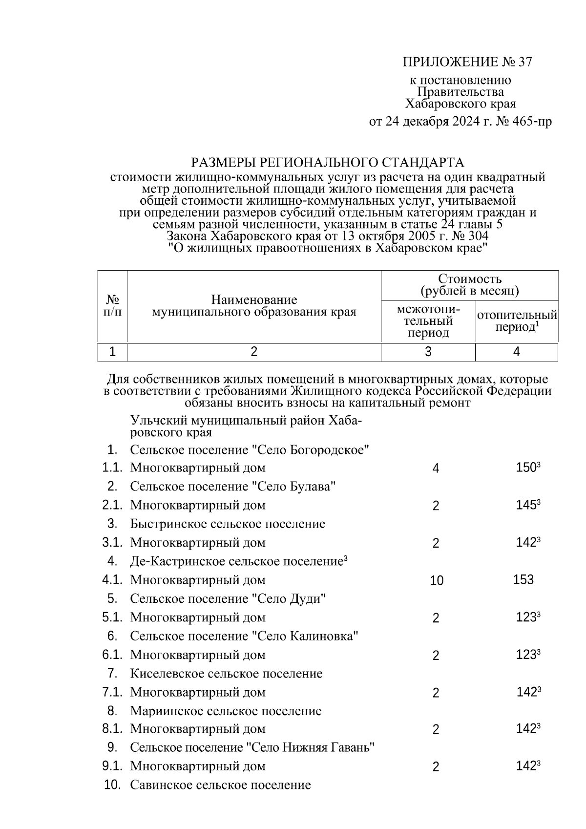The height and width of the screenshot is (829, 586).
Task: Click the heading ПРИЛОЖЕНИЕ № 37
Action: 467,62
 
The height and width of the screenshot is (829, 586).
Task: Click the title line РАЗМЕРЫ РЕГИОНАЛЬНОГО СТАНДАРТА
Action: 327,162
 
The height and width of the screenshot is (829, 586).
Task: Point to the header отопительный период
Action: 517,321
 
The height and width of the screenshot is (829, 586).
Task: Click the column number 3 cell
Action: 428,352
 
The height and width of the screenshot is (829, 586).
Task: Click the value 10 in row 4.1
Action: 436,580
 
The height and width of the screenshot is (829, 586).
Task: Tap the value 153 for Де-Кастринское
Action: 523,580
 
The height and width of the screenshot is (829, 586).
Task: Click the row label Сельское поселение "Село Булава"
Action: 233,487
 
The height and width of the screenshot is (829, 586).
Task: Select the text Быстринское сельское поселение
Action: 228,524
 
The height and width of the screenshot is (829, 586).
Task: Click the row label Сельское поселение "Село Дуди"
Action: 228,599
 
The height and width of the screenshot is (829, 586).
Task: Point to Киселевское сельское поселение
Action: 226,674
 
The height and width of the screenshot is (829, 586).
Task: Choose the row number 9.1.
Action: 112,766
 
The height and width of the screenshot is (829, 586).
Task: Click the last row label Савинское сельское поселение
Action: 220,785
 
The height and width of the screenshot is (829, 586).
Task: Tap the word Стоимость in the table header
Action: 469,279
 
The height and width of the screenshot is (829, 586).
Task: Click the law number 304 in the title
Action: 478,236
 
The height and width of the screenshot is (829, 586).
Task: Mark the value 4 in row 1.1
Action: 436,468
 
